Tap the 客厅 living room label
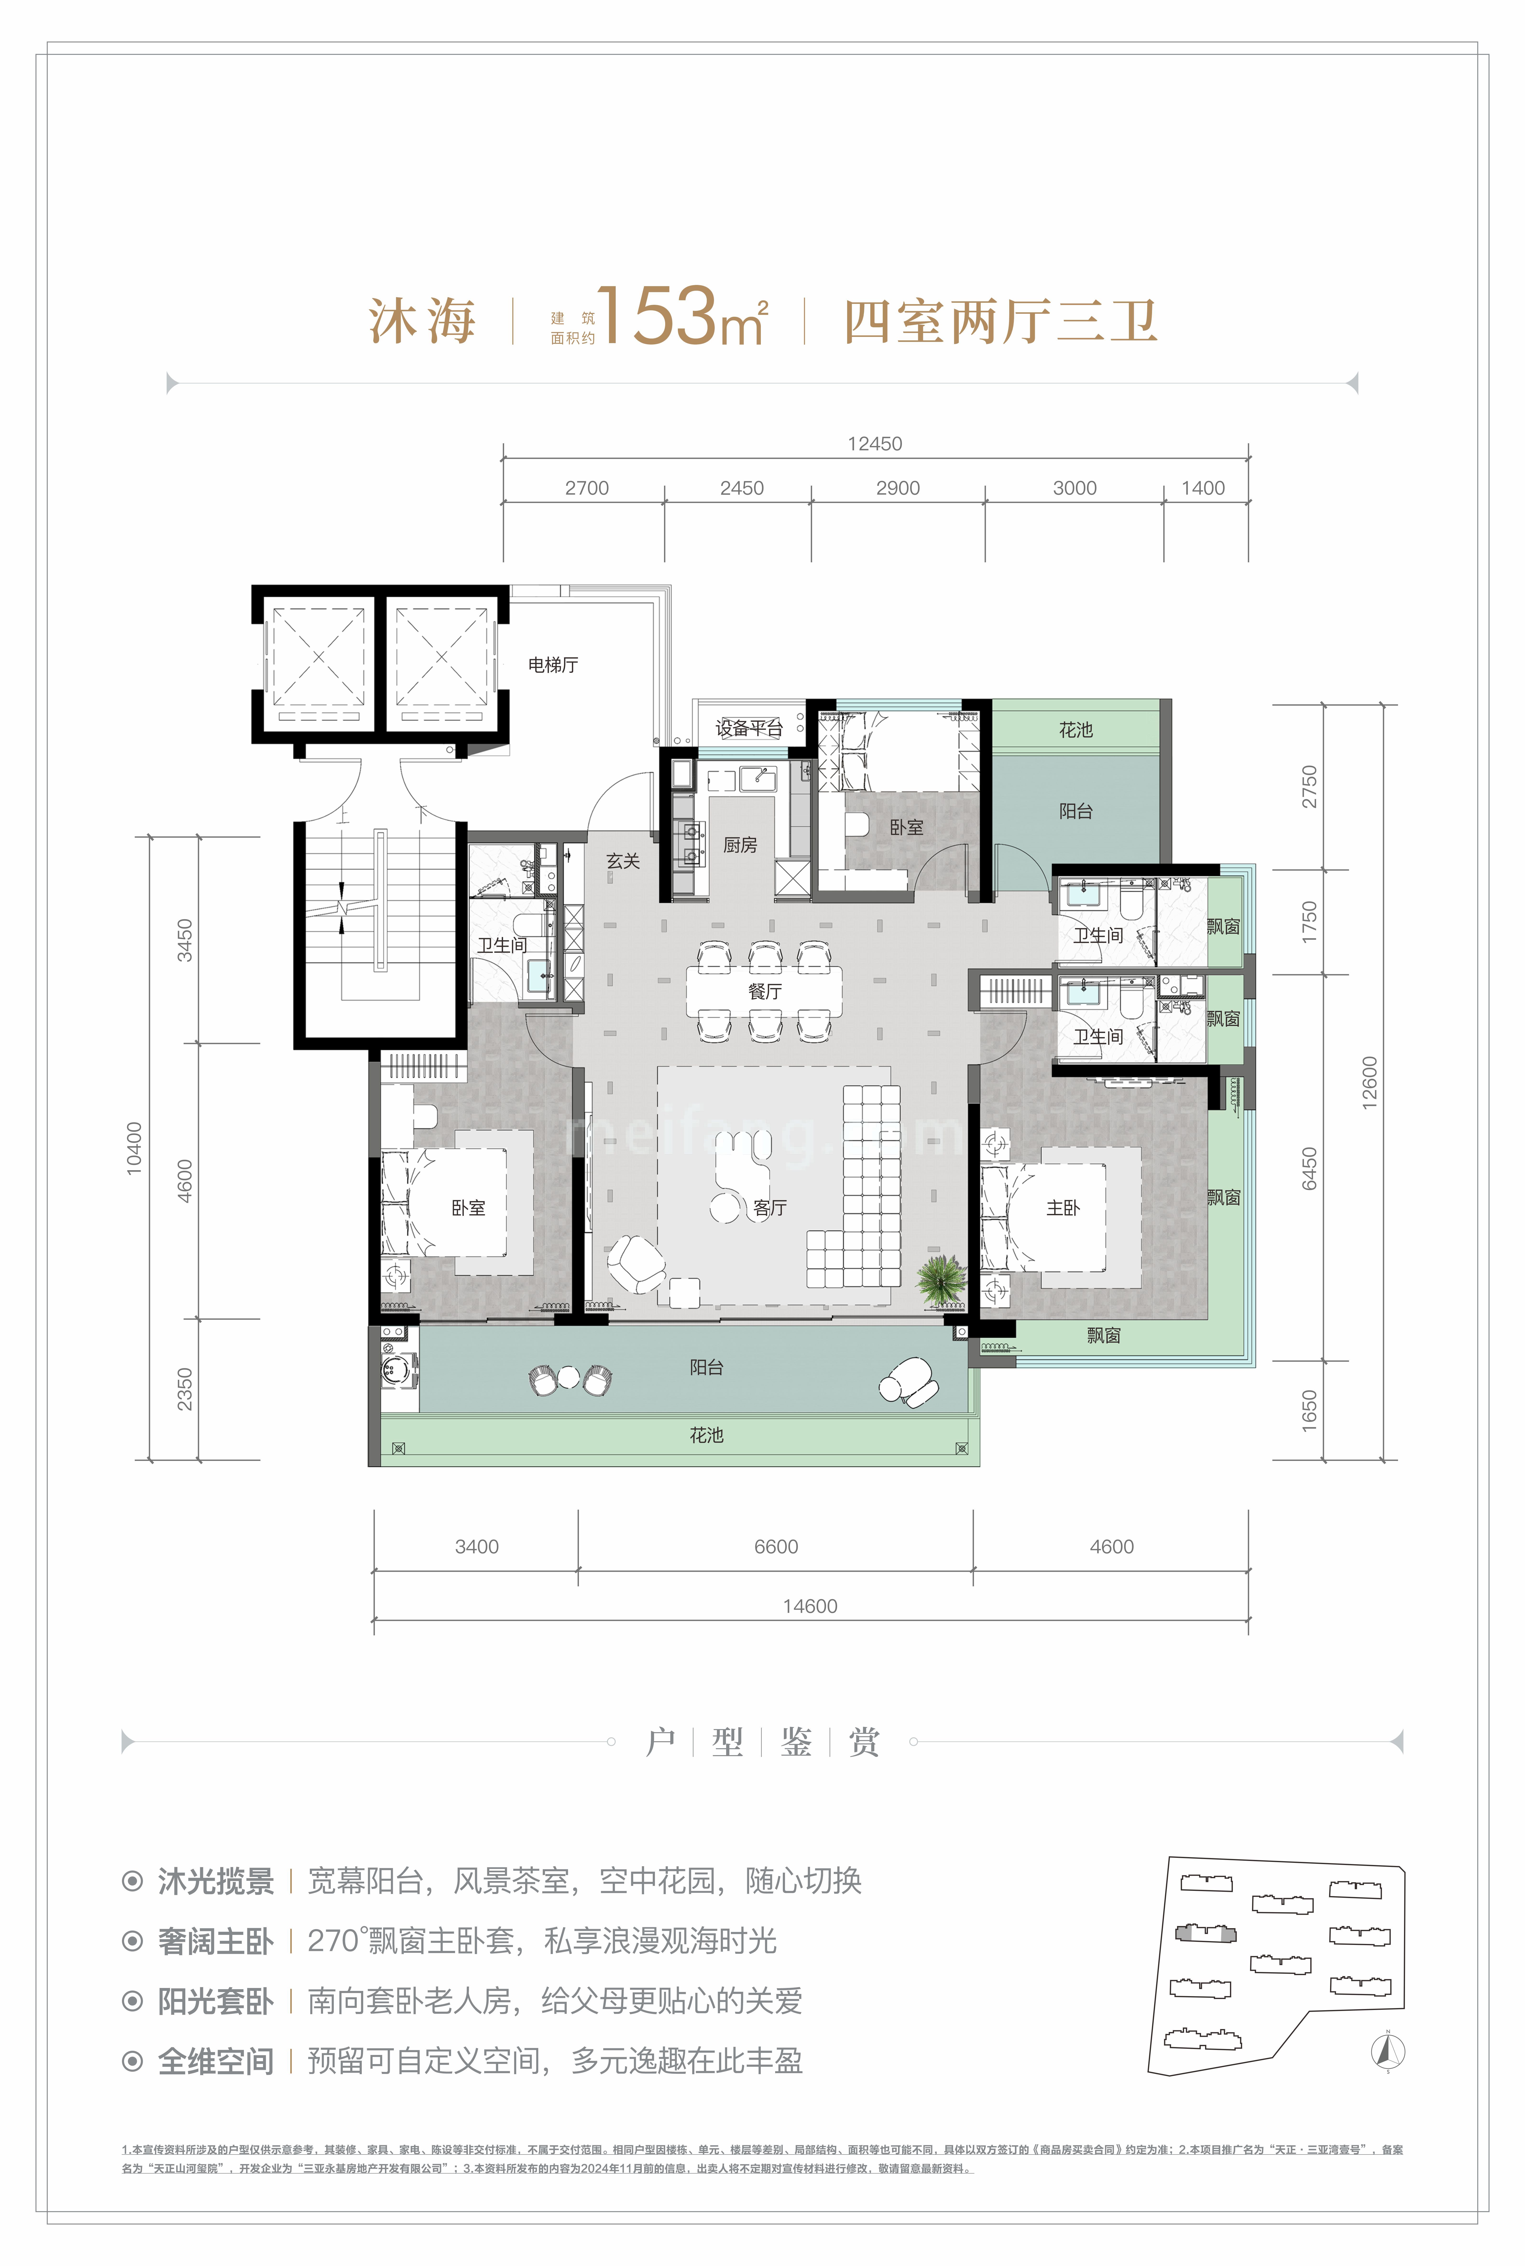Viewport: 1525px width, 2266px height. click(x=770, y=1208)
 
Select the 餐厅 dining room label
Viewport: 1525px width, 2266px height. click(x=764, y=991)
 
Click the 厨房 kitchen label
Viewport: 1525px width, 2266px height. click(x=740, y=845)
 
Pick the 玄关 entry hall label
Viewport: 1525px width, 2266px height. click(x=622, y=861)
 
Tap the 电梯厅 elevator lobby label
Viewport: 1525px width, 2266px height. click(x=552, y=664)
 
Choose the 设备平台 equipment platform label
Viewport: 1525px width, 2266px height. click(x=749, y=728)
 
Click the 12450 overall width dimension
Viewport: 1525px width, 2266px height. click(x=874, y=444)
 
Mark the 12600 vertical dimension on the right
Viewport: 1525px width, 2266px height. click(x=1369, y=1082)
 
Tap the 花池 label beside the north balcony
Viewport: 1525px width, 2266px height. click(x=1076, y=729)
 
